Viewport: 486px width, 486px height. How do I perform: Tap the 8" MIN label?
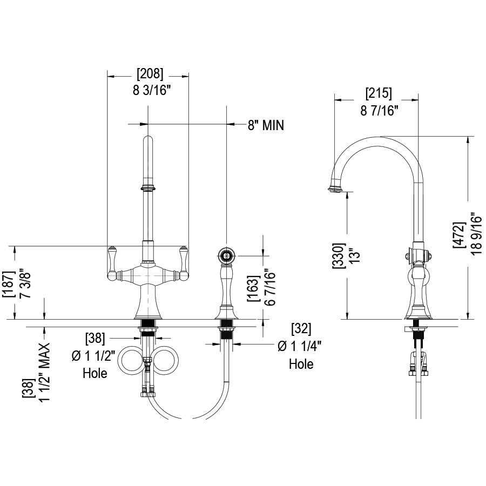(266, 125)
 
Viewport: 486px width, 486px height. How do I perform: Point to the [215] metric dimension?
(379, 92)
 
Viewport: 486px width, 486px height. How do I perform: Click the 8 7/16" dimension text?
(379, 111)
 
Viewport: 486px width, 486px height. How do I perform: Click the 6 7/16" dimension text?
(269, 286)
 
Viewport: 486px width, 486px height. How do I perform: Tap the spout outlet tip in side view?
(335, 188)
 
